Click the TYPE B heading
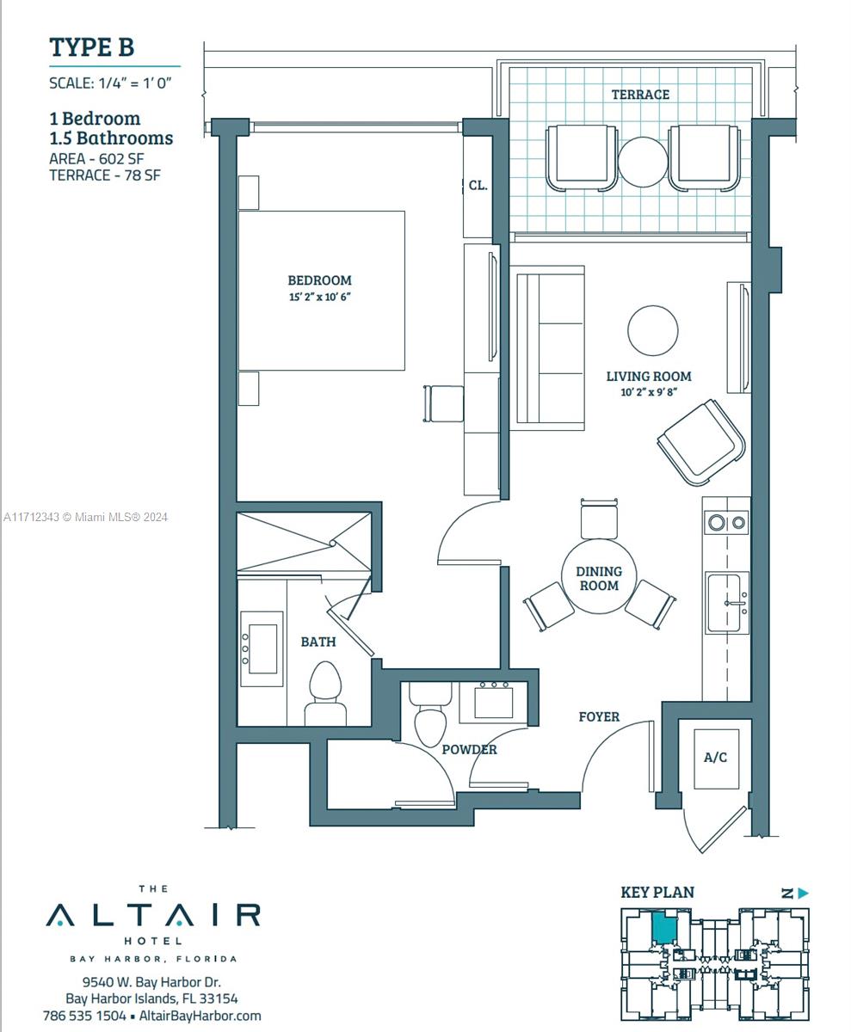pyautogui.click(x=92, y=47)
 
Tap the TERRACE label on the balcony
pyautogui.click(x=640, y=95)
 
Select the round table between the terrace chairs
pyautogui.click(x=643, y=162)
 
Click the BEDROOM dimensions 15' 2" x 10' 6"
pyautogui.click(x=320, y=297)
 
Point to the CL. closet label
pyautogui.click(x=478, y=186)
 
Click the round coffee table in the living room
pyautogui.click(x=653, y=330)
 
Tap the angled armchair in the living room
pyautogui.click(x=701, y=442)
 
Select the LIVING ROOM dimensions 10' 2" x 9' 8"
pyautogui.click(x=649, y=392)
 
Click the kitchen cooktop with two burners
pyautogui.click(x=726, y=522)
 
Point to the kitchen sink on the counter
pyautogui.click(x=727, y=602)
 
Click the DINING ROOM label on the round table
pyautogui.click(x=599, y=578)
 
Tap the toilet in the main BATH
pyautogui.click(x=325, y=693)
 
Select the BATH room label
pyautogui.click(x=318, y=642)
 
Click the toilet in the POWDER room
pyautogui.click(x=430, y=714)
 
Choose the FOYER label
pyautogui.click(x=599, y=716)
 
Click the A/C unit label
pyautogui.click(x=715, y=757)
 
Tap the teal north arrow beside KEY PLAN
pyautogui.click(x=804, y=894)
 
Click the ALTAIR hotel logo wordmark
pyautogui.click(x=153, y=915)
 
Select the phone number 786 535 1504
pyautogui.click(x=84, y=1016)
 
